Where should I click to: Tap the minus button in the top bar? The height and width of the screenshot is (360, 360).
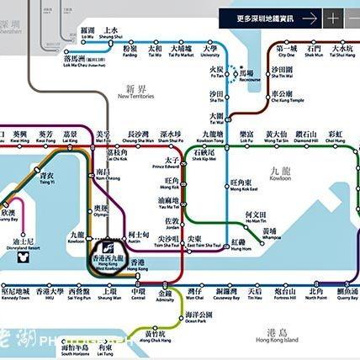(351, 17)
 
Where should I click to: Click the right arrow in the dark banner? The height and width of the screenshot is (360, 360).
(310, 17)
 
